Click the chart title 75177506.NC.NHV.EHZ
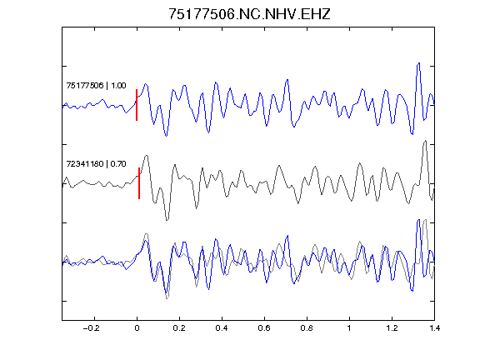pyautogui.click(x=249, y=14)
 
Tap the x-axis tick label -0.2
pyautogui.click(x=92, y=328)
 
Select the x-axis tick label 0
pyautogui.click(x=137, y=328)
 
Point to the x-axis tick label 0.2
pyautogui.click(x=179, y=328)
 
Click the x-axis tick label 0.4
pyautogui.click(x=222, y=328)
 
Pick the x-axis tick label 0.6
pyautogui.click(x=264, y=328)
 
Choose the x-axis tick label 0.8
pyautogui.click(x=307, y=328)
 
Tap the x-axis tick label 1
pyautogui.click(x=349, y=328)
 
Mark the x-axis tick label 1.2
pyautogui.click(x=392, y=328)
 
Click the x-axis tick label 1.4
pyautogui.click(x=434, y=328)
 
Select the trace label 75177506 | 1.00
pyautogui.click(x=96, y=86)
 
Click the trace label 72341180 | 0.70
pyautogui.click(x=96, y=164)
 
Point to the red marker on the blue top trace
pyautogui.click(x=137, y=105)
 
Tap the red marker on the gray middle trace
pyautogui.click(x=139, y=183)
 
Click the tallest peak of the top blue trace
pyautogui.click(x=419, y=63)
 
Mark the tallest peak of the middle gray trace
pyautogui.click(x=425, y=141)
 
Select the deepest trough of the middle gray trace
pyautogui.click(x=167, y=220)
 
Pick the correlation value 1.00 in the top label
pyautogui.click(x=118, y=86)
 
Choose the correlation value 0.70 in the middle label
pyautogui.click(x=118, y=164)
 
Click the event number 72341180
pyautogui.click(x=85, y=164)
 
